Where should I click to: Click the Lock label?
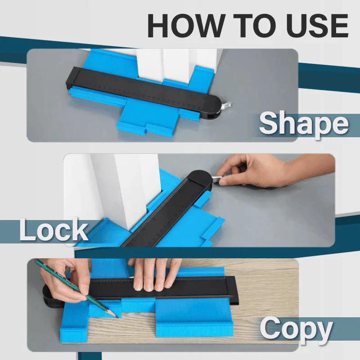53,230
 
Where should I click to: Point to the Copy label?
296,329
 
